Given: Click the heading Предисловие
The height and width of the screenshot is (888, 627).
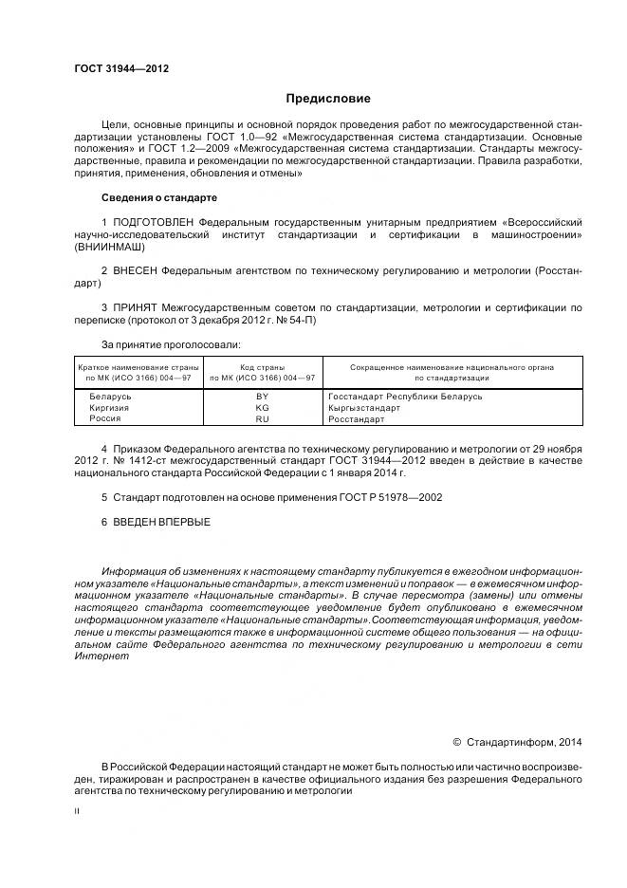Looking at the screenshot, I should (x=328, y=99).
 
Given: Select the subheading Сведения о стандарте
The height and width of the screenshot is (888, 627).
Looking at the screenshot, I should (x=158, y=197).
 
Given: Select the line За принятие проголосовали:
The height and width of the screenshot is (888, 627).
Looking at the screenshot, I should (x=171, y=344).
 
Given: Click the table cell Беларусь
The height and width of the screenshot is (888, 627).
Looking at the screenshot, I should (x=109, y=397).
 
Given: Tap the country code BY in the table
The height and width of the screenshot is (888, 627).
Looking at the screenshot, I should (x=263, y=397).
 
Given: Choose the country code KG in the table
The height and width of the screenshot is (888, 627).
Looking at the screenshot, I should (x=263, y=407).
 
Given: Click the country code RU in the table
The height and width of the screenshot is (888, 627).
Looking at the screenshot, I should (x=263, y=417).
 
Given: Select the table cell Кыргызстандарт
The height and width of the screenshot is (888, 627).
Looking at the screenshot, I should (x=363, y=407).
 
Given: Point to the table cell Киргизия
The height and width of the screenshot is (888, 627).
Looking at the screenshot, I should (x=109, y=407).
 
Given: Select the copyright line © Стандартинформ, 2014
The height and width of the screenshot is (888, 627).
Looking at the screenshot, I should (x=518, y=742).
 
